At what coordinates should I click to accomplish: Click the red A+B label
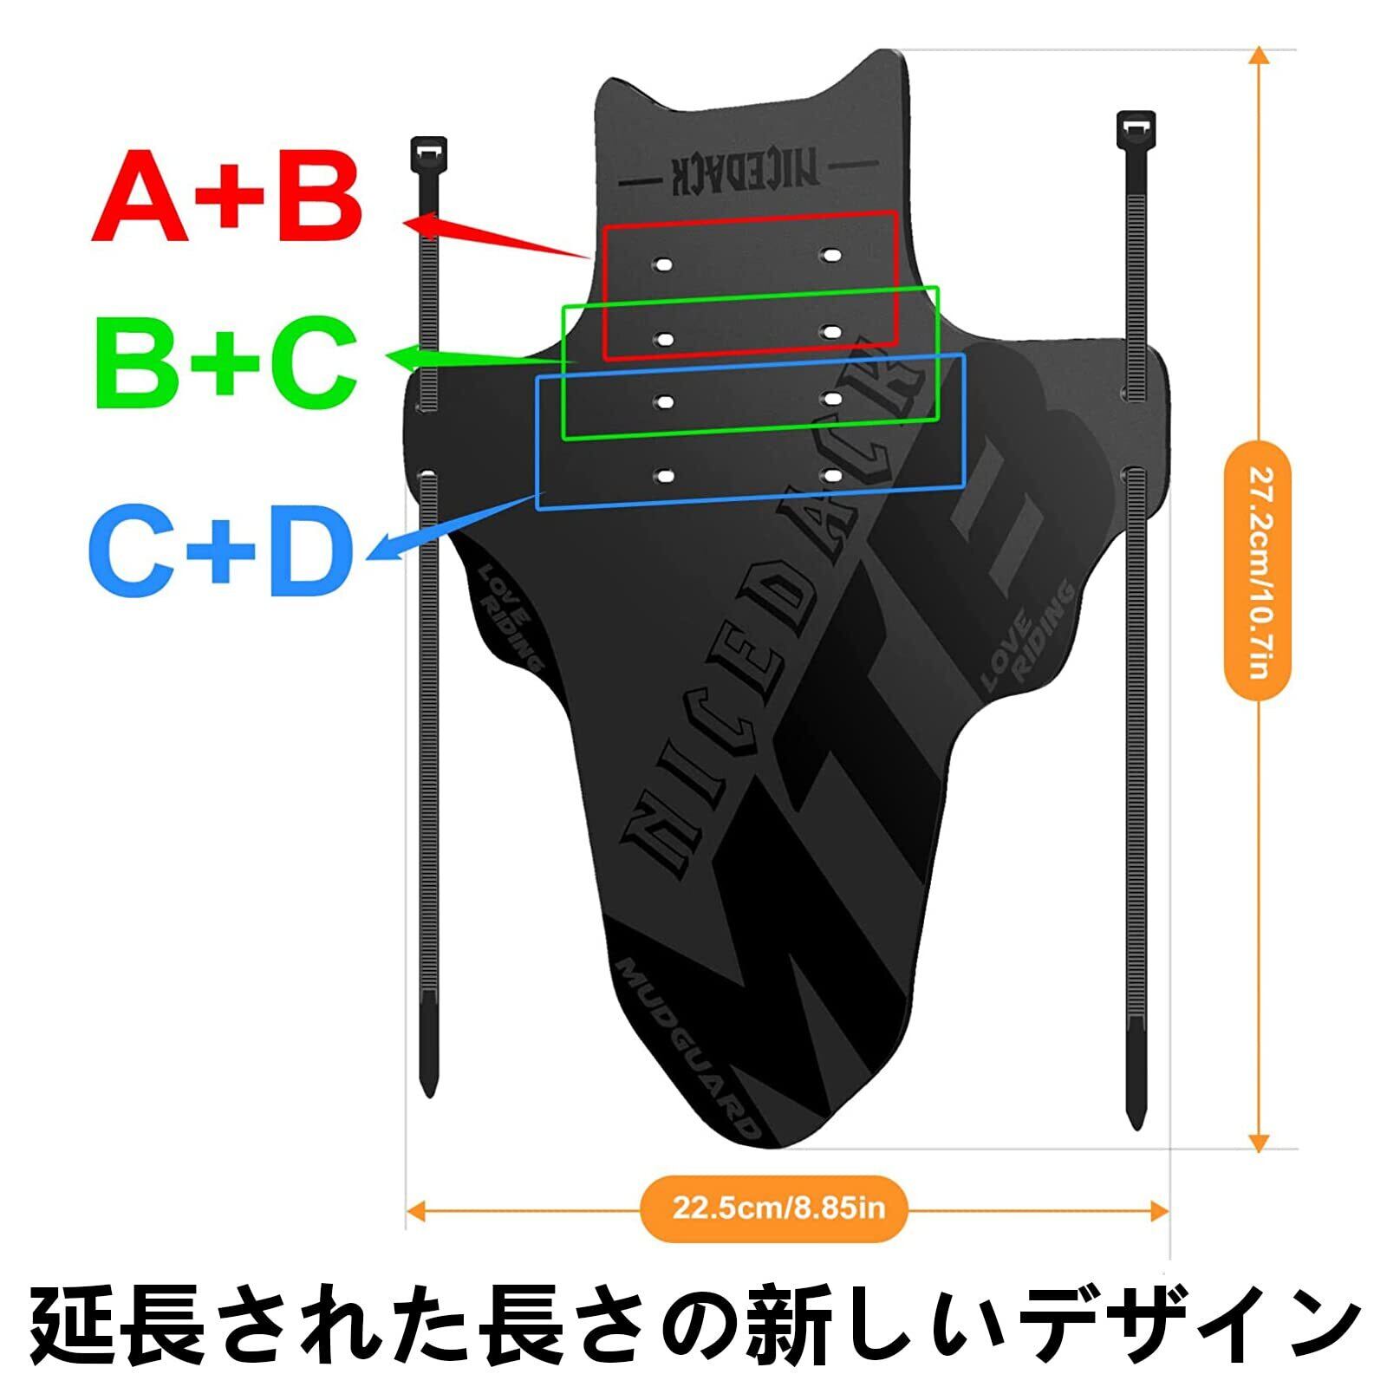click(x=227, y=198)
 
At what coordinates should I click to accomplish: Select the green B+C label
click(x=227, y=362)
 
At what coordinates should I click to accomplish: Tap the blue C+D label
click(x=222, y=550)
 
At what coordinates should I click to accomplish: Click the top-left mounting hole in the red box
click(x=664, y=263)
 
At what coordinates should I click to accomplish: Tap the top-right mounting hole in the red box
click(x=832, y=255)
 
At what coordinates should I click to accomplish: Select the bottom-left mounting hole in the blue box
click(x=665, y=476)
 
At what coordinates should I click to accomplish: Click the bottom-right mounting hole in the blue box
click(x=832, y=475)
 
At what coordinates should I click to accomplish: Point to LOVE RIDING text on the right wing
click(x=1028, y=637)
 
